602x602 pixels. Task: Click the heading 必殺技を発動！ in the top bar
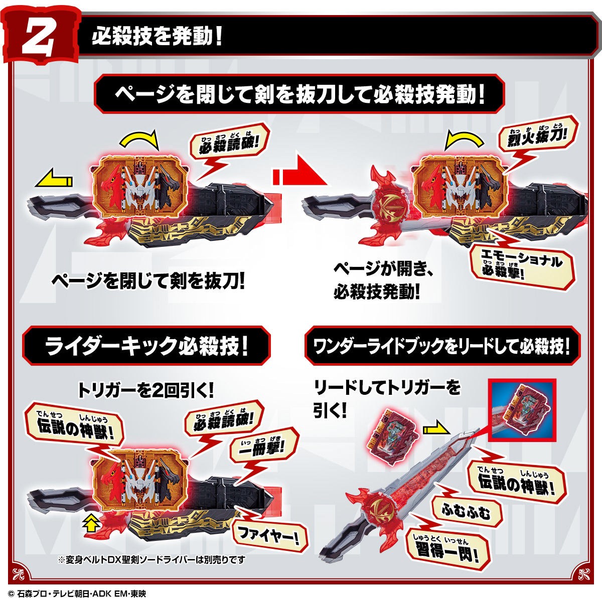click(156, 37)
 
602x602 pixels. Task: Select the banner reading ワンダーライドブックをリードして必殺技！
click(441, 346)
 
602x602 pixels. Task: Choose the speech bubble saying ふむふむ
click(465, 511)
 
